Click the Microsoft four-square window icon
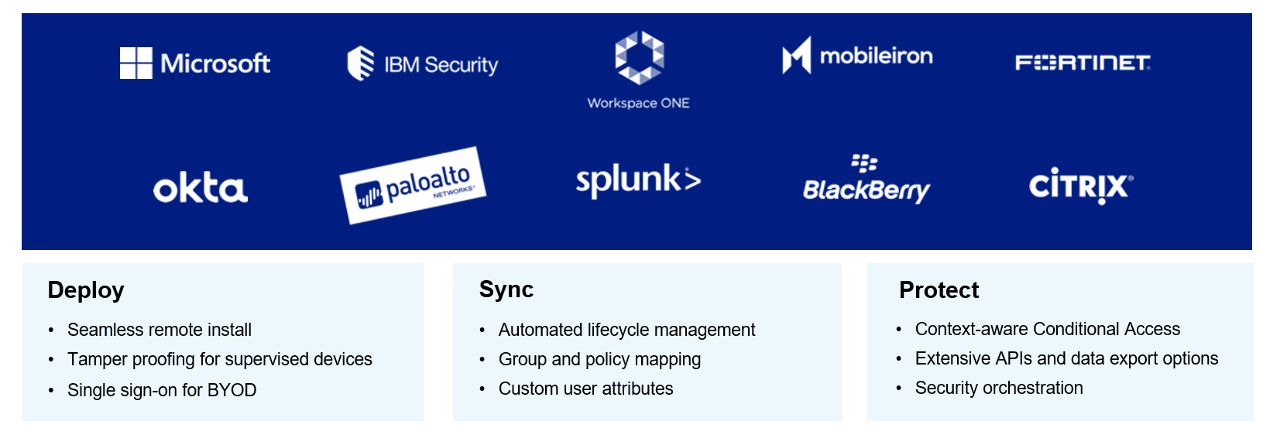click(136, 63)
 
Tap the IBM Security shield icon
click(360, 63)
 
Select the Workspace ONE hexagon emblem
click(639, 57)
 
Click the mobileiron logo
click(857, 56)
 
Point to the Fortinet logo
click(1083, 62)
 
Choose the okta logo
click(200, 188)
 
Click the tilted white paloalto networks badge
click(413, 186)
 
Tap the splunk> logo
click(638, 180)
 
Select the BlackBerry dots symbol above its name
click(864, 163)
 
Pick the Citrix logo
click(1080, 186)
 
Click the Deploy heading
click(86, 290)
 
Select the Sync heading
click(506, 289)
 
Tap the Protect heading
click(939, 290)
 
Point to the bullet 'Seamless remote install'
click(160, 330)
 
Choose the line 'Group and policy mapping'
click(599, 359)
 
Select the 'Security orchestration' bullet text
click(999, 388)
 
